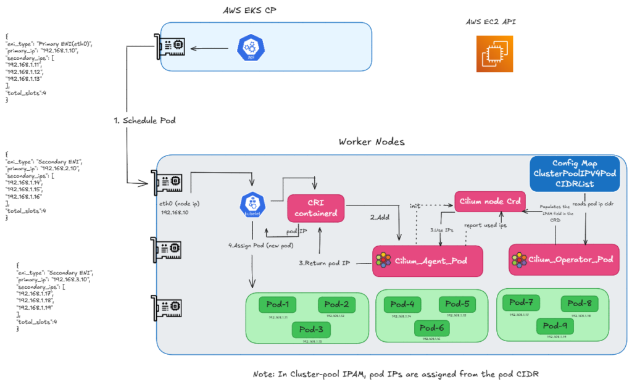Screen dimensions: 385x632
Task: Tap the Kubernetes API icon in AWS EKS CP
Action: click(250, 48)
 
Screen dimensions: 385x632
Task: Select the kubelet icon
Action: click(252, 205)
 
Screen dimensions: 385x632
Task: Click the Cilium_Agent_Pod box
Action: click(426, 260)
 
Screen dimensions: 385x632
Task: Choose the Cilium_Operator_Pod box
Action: click(563, 259)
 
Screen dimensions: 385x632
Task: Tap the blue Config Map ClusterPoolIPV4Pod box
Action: click(574, 173)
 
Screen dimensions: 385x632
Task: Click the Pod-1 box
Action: click(277, 304)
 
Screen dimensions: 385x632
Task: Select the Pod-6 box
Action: click(433, 328)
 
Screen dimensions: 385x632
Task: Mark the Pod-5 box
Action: click(457, 304)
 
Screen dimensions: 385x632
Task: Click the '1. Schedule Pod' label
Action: click(145, 120)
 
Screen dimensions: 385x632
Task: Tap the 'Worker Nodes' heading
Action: click(372, 142)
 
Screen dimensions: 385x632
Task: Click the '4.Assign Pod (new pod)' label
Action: click(261, 245)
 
